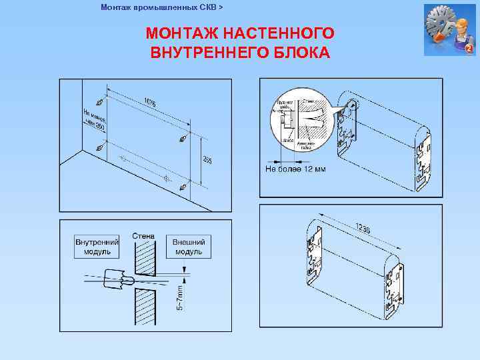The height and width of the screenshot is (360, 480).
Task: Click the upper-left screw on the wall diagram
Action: [99, 103]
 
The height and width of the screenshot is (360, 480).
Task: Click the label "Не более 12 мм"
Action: [295, 169]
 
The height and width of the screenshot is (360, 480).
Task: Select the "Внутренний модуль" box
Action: [97, 247]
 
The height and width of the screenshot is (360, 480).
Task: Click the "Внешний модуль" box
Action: [189, 247]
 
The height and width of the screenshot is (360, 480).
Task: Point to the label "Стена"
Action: [143, 236]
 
